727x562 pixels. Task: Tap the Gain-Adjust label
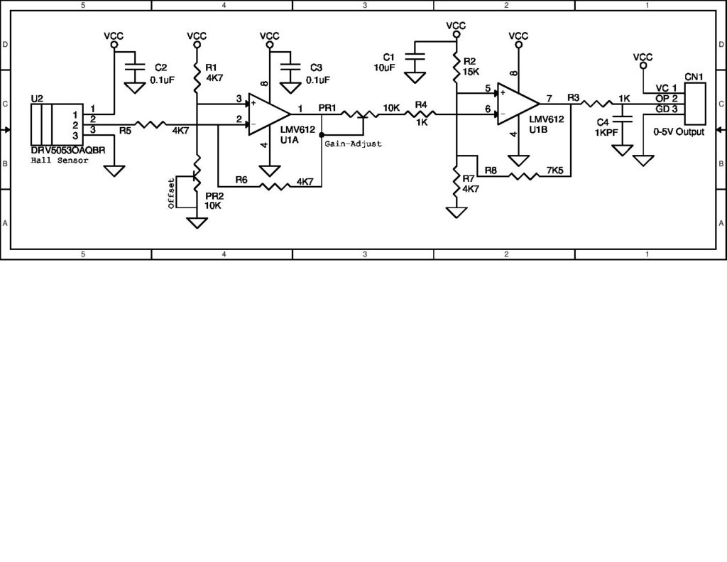coord(353,144)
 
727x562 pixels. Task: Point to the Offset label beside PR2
coord(170,193)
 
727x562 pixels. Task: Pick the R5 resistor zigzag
coord(151,125)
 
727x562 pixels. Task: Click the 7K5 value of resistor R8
coord(556,171)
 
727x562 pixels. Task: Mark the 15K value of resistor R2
coord(471,72)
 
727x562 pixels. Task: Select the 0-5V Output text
coord(679,132)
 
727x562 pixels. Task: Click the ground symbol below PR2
coord(197,222)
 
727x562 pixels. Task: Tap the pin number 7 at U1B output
coord(550,97)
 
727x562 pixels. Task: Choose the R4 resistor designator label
coord(421,104)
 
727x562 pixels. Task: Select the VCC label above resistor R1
coord(197,36)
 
